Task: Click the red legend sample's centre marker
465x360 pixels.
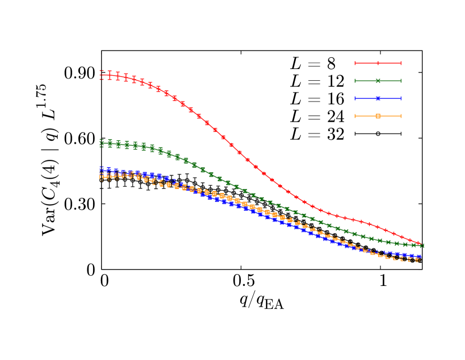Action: [378, 63]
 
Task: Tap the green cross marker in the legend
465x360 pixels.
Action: [378, 81]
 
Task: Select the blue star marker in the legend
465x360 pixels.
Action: [378, 98]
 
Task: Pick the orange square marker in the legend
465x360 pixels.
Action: [378, 116]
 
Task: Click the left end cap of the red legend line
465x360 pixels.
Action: [355, 63]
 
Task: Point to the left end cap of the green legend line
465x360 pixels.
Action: [355, 81]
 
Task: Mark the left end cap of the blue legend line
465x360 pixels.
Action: [355, 98]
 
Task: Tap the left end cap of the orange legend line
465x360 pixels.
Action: [355, 116]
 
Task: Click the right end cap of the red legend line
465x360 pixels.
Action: [401, 63]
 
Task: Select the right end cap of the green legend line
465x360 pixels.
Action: [401, 81]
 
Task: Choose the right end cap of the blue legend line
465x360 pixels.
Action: [401, 98]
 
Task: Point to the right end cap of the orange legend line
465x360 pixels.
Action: [401, 116]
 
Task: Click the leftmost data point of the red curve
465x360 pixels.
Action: [101, 75]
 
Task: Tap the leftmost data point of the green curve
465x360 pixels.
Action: [101, 143]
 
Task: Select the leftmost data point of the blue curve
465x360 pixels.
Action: [101, 168]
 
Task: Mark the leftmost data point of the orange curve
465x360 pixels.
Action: [101, 177]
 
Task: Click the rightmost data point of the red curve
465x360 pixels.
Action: [418, 243]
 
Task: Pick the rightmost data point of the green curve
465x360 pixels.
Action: [422, 246]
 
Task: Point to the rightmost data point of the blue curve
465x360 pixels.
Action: [418, 256]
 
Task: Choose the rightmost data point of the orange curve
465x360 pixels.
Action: [417, 260]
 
